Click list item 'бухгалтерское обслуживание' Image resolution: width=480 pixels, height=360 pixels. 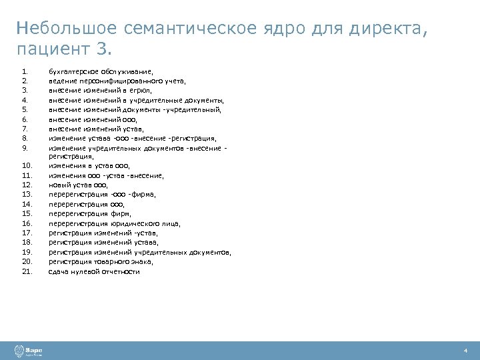[101, 71]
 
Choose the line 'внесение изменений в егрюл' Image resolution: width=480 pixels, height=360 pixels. [101, 90]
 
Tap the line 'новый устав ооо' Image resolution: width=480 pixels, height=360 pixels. [78, 185]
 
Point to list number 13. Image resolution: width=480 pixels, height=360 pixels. [27, 194]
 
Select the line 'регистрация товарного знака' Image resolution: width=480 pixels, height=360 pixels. [97, 262]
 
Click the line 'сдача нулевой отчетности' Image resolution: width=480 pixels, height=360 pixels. [94, 272]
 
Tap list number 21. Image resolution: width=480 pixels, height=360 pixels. [27, 272]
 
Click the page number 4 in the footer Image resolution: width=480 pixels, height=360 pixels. [465, 351]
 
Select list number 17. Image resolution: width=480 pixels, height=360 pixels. [27, 233]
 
